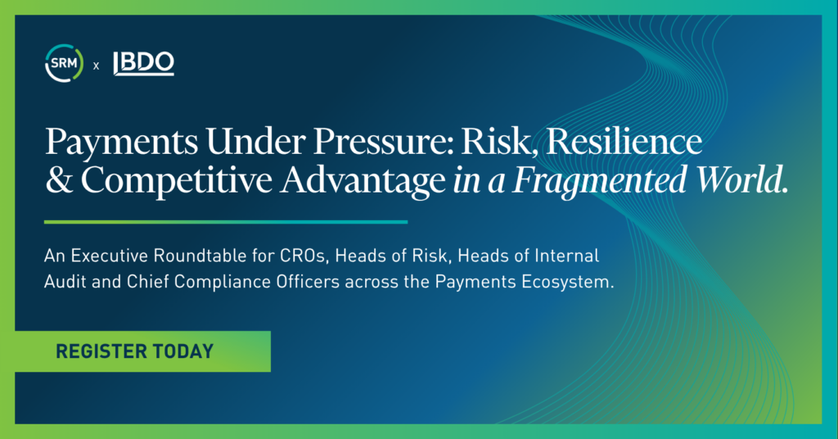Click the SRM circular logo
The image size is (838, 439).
click(x=64, y=64)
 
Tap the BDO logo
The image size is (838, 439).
click(x=144, y=63)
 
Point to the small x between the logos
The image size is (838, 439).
click(x=97, y=66)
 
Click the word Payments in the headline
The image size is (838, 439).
click(x=122, y=143)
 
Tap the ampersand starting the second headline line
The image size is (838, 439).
click(x=59, y=181)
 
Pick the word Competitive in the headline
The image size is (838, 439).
click(x=177, y=181)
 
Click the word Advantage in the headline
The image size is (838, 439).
click(x=363, y=182)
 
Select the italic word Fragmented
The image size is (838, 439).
click(x=598, y=182)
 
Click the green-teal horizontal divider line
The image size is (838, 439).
click(x=226, y=222)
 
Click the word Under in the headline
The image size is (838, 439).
click(x=255, y=142)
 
